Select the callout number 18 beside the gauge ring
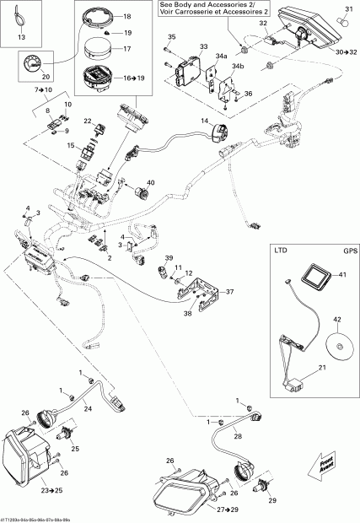click(127, 16)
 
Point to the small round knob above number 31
click(345, 11)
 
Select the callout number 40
click(151, 183)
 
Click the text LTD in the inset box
click(281, 251)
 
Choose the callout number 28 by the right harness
click(238, 436)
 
